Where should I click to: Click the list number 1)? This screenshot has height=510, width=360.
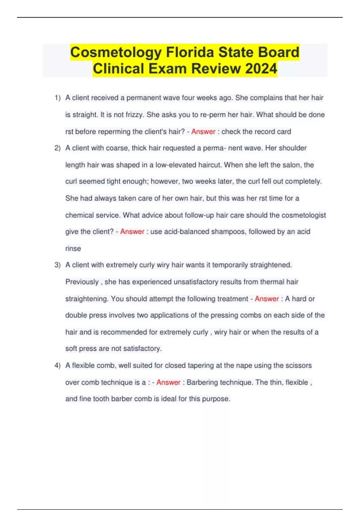58,98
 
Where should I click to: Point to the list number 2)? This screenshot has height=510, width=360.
58,148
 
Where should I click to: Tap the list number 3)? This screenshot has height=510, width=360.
58,265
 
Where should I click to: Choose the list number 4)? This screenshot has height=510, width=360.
58,365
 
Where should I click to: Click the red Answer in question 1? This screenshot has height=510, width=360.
203,131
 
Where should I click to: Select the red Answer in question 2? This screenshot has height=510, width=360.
132,232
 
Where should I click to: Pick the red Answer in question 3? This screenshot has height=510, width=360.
267,299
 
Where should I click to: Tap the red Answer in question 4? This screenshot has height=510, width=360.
168,382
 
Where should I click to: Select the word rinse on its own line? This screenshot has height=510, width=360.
73,248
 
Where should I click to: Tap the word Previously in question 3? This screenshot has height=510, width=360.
82,282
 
